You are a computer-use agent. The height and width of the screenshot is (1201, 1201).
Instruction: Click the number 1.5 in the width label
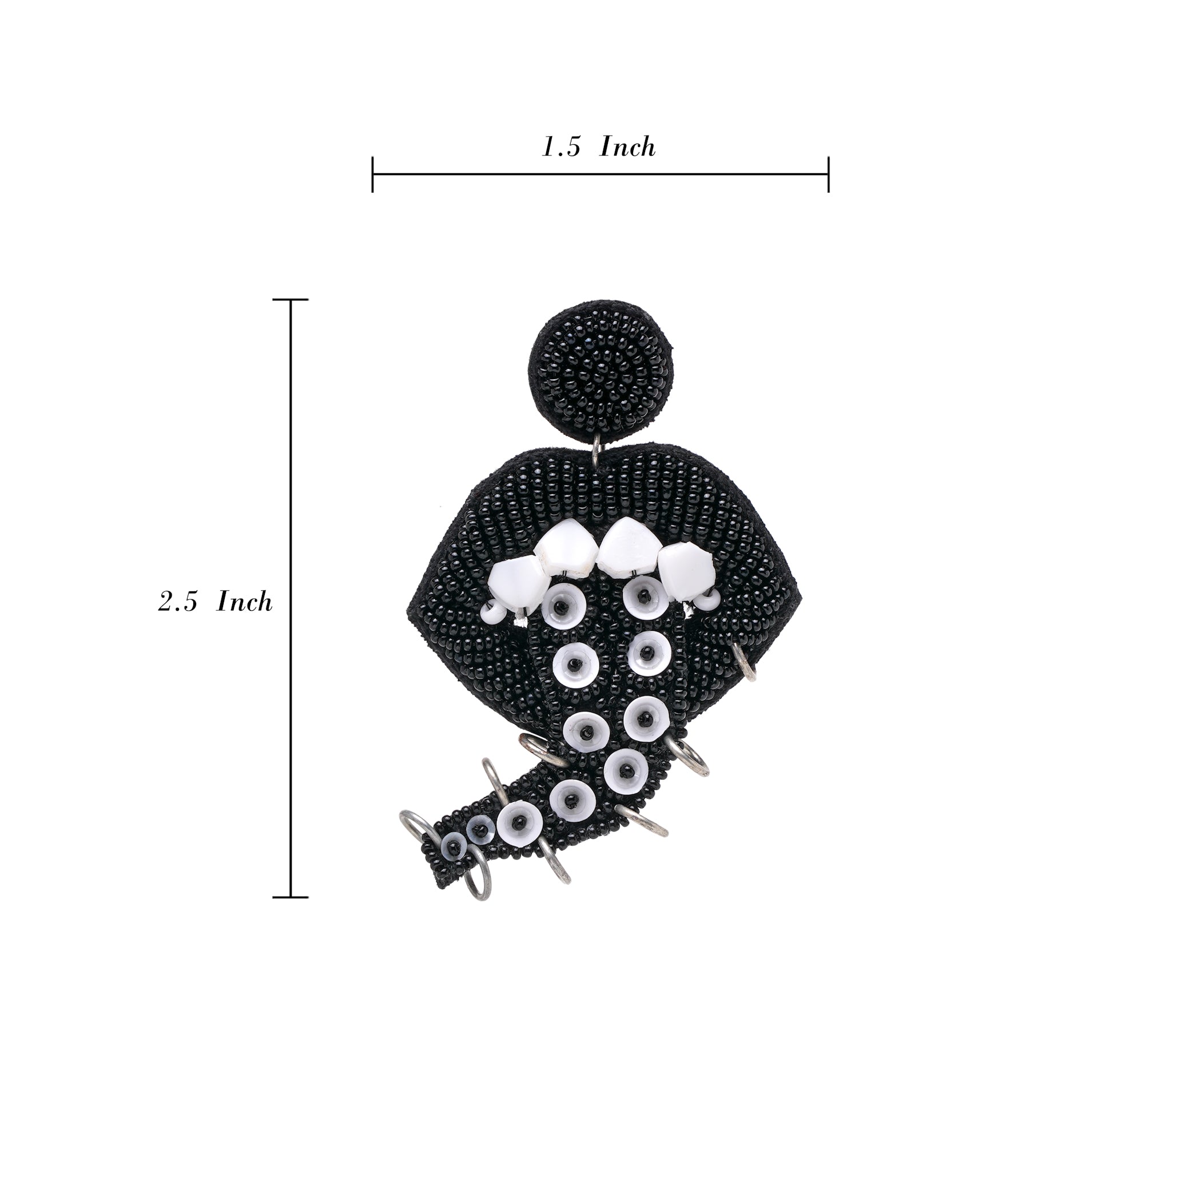click(x=562, y=148)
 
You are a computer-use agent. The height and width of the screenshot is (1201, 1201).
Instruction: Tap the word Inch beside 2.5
click(x=244, y=601)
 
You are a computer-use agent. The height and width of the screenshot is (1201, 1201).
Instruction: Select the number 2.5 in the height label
click(x=178, y=602)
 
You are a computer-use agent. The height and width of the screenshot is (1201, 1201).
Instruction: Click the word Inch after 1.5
click(x=627, y=147)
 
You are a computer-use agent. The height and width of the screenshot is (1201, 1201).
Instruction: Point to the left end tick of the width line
click(x=372, y=174)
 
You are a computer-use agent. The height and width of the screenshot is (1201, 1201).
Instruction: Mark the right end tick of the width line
click(x=829, y=174)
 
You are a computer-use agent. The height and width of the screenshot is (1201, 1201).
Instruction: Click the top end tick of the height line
click(x=291, y=300)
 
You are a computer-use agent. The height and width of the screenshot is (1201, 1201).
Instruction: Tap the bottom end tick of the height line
click(x=291, y=897)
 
